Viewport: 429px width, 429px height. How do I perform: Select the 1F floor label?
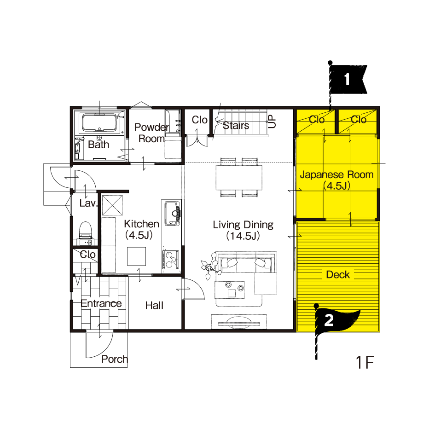point(365,362)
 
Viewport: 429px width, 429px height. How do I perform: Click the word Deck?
point(338,274)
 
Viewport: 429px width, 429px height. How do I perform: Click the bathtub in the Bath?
point(99,122)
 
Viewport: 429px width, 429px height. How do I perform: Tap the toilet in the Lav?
point(86,231)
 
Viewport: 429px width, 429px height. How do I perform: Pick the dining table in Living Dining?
point(239,178)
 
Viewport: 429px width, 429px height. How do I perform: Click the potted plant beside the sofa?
point(210,266)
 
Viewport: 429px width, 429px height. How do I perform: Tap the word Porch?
point(115,359)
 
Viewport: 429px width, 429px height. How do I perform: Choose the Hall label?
point(154,305)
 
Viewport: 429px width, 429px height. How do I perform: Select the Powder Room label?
point(151,133)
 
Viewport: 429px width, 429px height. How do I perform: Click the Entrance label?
point(101,303)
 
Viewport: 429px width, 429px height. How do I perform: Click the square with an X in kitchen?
point(112,205)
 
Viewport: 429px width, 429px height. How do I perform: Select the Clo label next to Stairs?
point(199,120)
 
